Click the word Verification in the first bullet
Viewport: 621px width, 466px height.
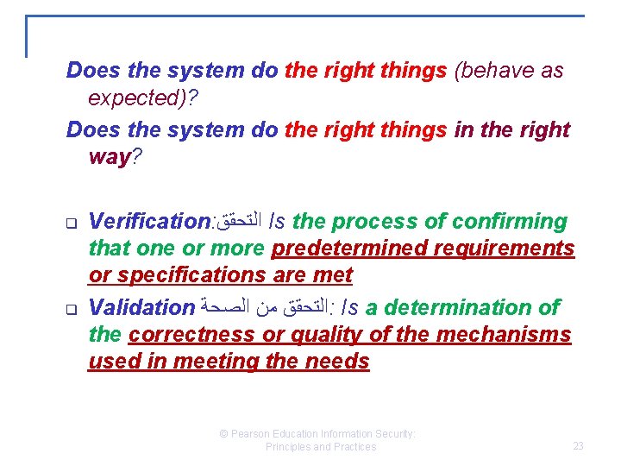tap(148, 222)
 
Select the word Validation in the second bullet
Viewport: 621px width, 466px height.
tap(142, 307)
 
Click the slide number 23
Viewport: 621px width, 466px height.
tap(578, 446)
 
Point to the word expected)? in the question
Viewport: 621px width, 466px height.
tap(142, 98)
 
